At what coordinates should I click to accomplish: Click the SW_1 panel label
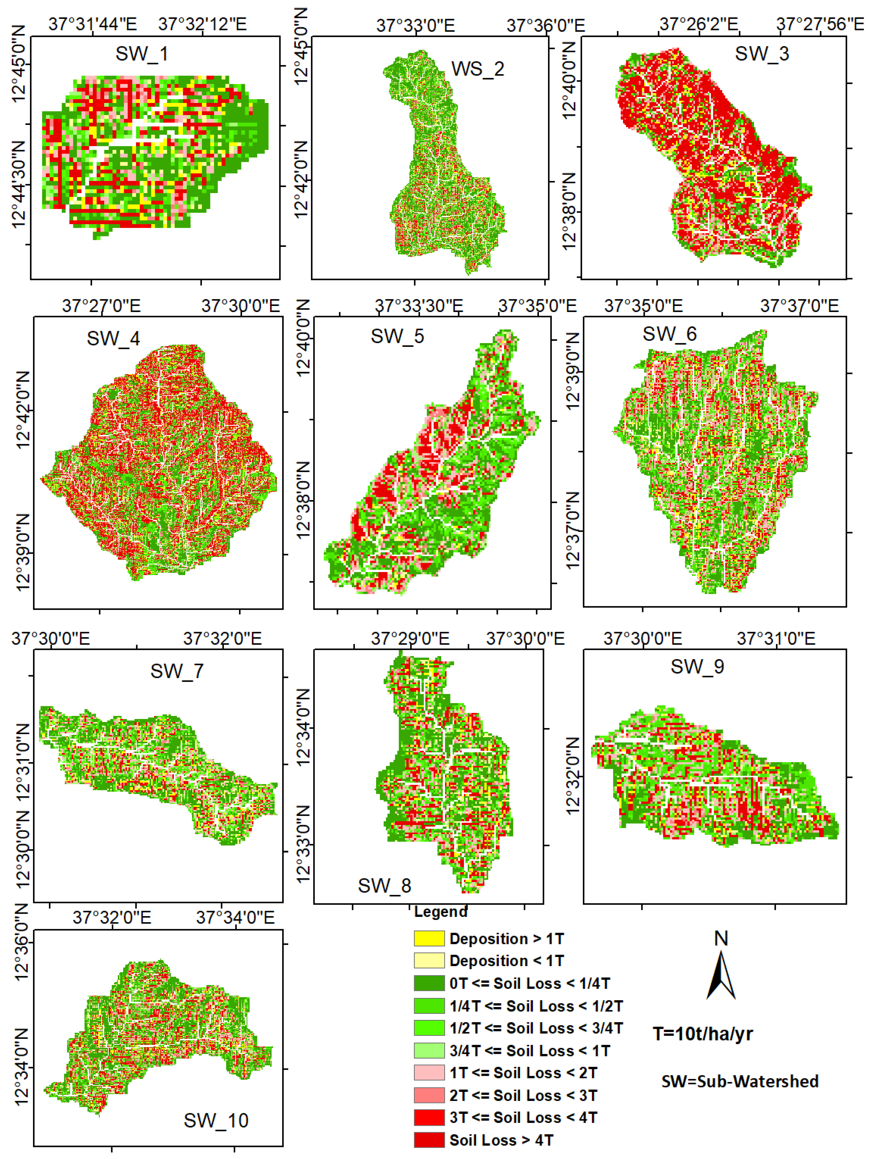141,53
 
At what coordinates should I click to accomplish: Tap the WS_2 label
477,69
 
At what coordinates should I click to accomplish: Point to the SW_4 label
113,338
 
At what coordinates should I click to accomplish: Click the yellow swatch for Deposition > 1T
429,938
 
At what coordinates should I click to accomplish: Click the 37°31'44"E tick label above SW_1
93,24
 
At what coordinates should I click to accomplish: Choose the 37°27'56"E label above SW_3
820,24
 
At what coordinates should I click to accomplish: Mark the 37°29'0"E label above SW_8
410,639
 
